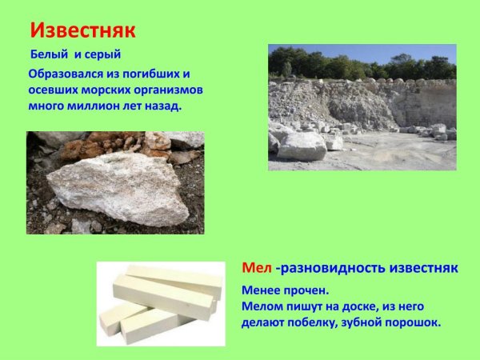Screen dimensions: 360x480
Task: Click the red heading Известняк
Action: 83,30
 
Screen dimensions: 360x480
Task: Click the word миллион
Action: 106,105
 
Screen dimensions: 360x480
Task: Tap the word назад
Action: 167,105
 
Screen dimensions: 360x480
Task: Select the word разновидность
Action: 339,266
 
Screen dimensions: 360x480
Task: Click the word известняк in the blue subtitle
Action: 430,266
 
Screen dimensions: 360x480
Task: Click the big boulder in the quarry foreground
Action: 302,146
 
